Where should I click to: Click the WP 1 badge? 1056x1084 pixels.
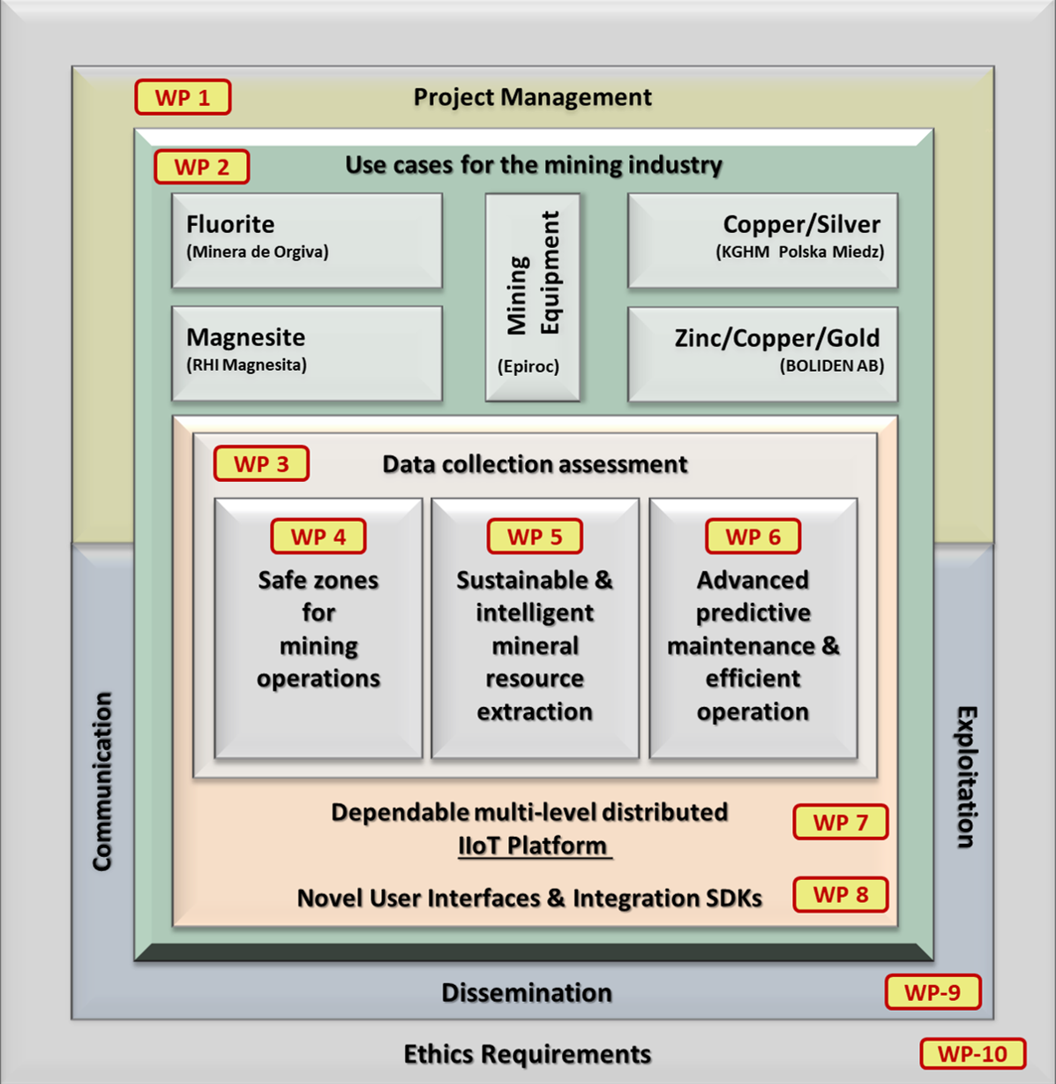183,97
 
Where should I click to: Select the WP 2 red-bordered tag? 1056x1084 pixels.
201,167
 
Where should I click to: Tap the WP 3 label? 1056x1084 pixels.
261,463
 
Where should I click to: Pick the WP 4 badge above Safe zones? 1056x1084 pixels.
318,536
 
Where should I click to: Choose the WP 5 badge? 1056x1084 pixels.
535,536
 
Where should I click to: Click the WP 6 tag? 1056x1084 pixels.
753,536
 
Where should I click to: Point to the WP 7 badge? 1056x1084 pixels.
840,822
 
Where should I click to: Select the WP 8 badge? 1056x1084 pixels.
840,894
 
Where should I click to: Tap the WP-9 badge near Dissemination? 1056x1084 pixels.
932,992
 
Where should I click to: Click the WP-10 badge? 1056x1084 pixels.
972,1053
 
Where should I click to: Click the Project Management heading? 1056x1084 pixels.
533,97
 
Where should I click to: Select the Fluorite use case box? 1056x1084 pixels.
307,240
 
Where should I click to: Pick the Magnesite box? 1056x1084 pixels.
307,353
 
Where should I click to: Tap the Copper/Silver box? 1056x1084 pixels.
762,240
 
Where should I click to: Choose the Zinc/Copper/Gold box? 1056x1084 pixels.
762,353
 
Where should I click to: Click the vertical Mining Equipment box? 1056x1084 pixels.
532,297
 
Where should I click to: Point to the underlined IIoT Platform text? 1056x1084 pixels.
533,846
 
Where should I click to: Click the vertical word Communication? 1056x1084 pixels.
102,781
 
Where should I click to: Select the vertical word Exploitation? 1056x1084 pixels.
966,777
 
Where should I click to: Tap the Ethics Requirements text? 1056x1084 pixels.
528,1054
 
